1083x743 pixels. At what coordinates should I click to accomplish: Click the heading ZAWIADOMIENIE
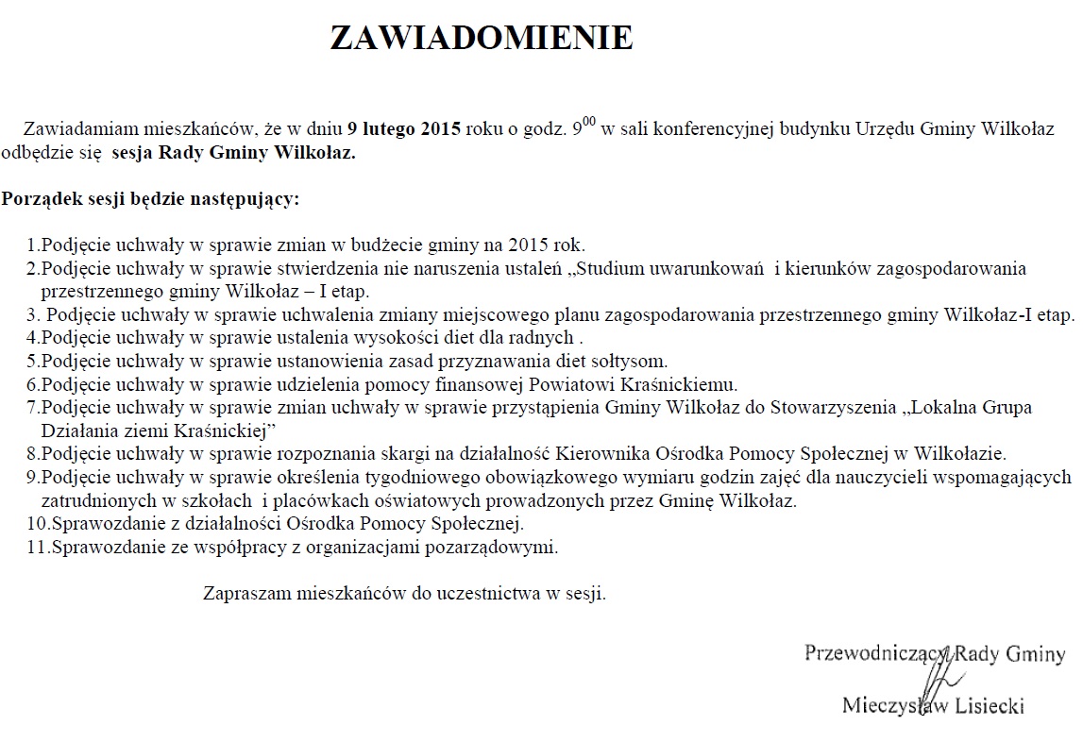pyautogui.click(x=481, y=38)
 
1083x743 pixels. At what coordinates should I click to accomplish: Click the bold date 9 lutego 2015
pyautogui.click(x=404, y=130)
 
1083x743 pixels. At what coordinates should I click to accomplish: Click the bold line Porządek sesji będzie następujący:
pyautogui.click(x=150, y=199)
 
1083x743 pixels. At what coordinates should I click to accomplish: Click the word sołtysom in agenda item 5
pyautogui.click(x=633, y=360)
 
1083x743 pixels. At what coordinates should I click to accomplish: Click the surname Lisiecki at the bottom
pyautogui.click(x=986, y=704)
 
